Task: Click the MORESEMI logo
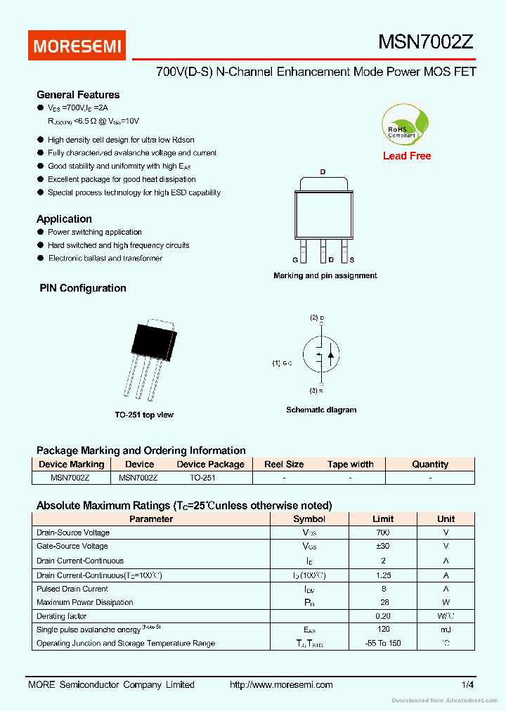click(77, 46)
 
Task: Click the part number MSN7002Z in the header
click(426, 42)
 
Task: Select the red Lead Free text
click(407, 156)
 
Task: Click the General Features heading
click(78, 95)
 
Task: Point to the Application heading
click(64, 219)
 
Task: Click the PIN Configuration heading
click(82, 288)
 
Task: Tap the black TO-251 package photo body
click(152, 341)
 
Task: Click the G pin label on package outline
click(296, 260)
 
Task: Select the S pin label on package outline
click(351, 260)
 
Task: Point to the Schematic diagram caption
click(321, 410)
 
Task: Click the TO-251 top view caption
click(144, 415)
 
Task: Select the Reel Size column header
click(284, 464)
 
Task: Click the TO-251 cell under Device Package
click(202, 478)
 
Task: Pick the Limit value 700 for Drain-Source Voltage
click(383, 533)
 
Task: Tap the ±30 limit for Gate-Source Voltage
click(383, 546)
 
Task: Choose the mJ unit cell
click(446, 629)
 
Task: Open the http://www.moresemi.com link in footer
click(281, 684)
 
